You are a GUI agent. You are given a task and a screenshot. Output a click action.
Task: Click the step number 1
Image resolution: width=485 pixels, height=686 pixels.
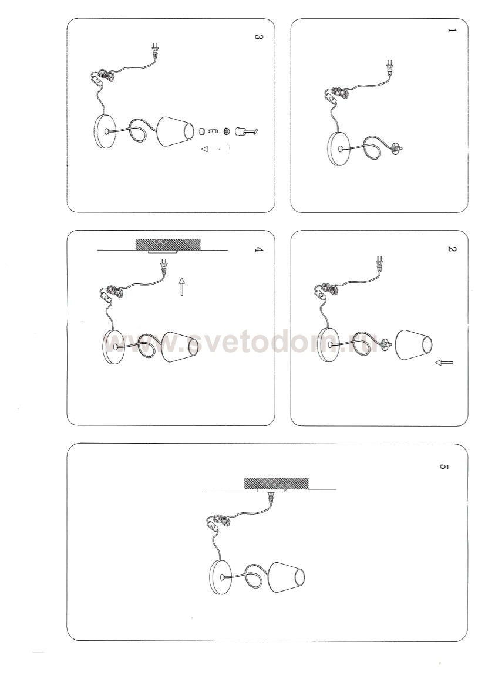pyautogui.click(x=452, y=31)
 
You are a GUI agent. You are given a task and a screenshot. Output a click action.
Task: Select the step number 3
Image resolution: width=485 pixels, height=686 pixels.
pyautogui.click(x=259, y=37)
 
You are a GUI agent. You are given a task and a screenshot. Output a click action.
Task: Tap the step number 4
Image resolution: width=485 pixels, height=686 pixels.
pyautogui.click(x=259, y=250)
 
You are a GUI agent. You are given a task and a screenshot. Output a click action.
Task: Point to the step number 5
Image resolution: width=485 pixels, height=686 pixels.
pyautogui.click(x=443, y=467)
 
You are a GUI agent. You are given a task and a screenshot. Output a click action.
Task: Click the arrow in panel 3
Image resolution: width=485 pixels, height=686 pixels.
pyautogui.click(x=211, y=148)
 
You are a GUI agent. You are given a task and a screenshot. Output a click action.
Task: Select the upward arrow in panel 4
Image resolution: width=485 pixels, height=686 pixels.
pyautogui.click(x=181, y=286)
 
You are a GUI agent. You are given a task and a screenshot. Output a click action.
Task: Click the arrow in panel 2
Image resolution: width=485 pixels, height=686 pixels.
pyautogui.click(x=444, y=362)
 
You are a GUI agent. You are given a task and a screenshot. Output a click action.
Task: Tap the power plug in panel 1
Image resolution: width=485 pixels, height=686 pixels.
pyautogui.click(x=389, y=67)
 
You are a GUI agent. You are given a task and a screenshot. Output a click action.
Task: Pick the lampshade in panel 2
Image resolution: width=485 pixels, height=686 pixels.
pyautogui.click(x=413, y=344)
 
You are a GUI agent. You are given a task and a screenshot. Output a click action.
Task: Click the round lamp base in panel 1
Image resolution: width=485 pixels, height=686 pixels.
pyautogui.click(x=339, y=149)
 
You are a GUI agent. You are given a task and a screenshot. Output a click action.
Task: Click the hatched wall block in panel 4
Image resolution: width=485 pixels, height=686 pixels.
pyautogui.click(x=168, y=245)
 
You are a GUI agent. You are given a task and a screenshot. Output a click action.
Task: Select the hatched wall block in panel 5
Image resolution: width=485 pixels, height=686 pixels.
pyautogui.click(x=276, y=484)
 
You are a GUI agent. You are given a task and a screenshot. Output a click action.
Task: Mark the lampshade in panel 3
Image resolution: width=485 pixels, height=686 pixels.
pyautogui.click(x=175, y=131)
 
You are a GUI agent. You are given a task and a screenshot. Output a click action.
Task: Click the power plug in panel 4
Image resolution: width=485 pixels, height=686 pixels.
pyautogui.click(x=165, y=267)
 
